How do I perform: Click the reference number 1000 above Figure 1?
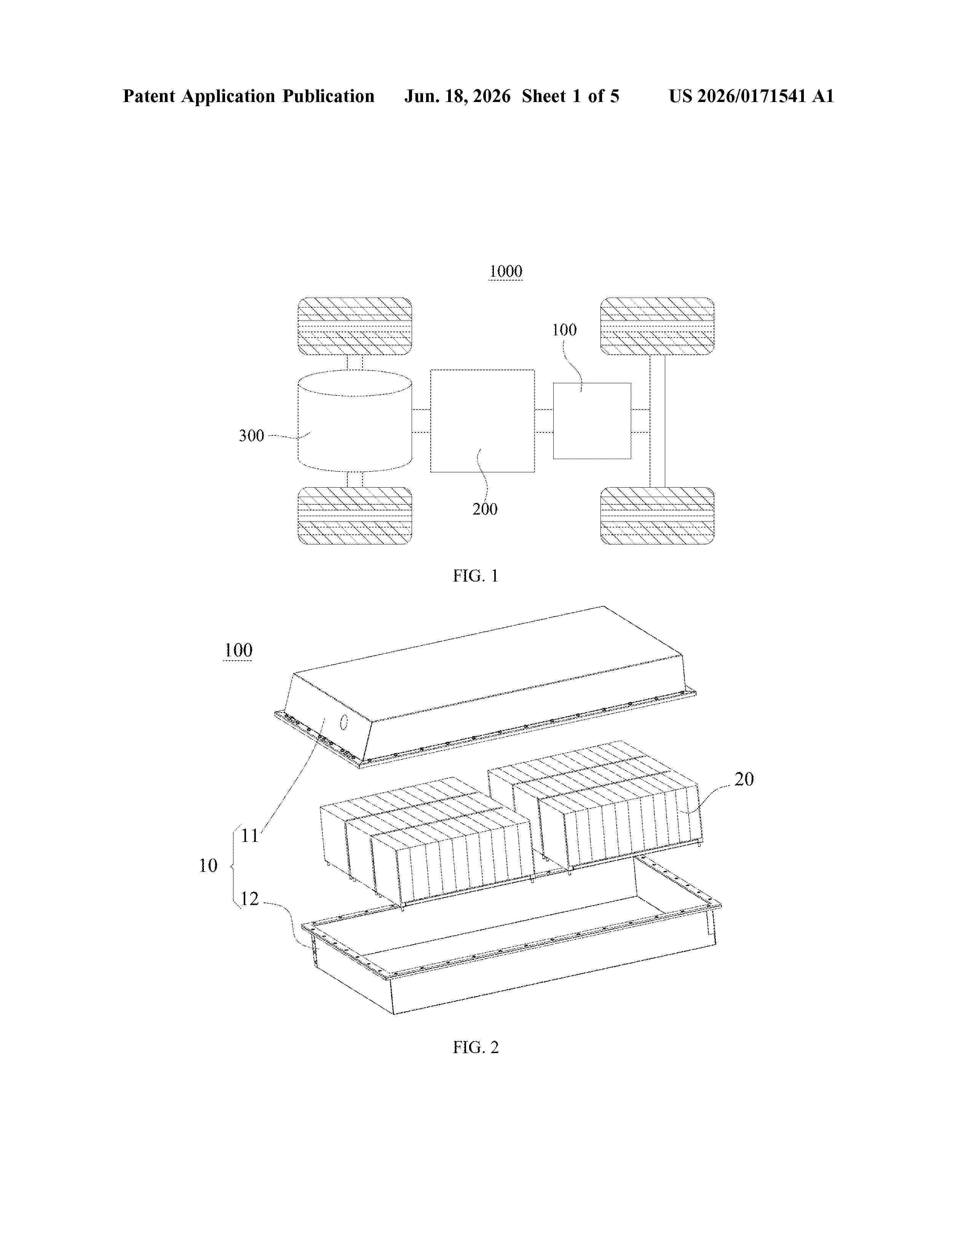tap(506, 271)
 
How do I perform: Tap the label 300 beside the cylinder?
tap(251, 435)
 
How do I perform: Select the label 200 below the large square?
tap(485, 509)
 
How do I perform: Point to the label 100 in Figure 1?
tap(564, 330)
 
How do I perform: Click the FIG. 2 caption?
tap(476, 1047)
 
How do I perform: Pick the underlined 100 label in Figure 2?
tap(238, 650)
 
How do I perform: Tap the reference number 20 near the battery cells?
tap(744, 779)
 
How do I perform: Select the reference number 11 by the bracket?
tap(250, 835)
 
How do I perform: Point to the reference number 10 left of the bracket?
tap(208, 865)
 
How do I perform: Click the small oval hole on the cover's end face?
tap(344, 722)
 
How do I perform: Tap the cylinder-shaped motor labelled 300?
tap(355, 421)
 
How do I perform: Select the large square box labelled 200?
tap(482, 421)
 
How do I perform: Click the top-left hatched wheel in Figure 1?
tap(355, 326)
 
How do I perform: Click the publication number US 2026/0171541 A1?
tap(751, 96)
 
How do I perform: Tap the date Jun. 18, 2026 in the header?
tap(457, 96)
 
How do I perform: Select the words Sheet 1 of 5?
tap(571, 96)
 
